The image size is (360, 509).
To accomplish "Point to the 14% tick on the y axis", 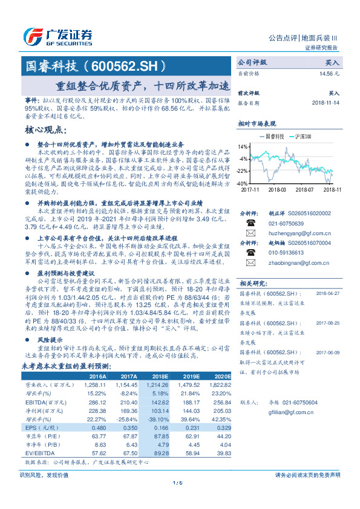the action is click(243, 147).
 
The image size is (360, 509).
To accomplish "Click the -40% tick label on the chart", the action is click(242, 183).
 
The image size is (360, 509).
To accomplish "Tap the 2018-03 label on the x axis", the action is click(275, 189).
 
